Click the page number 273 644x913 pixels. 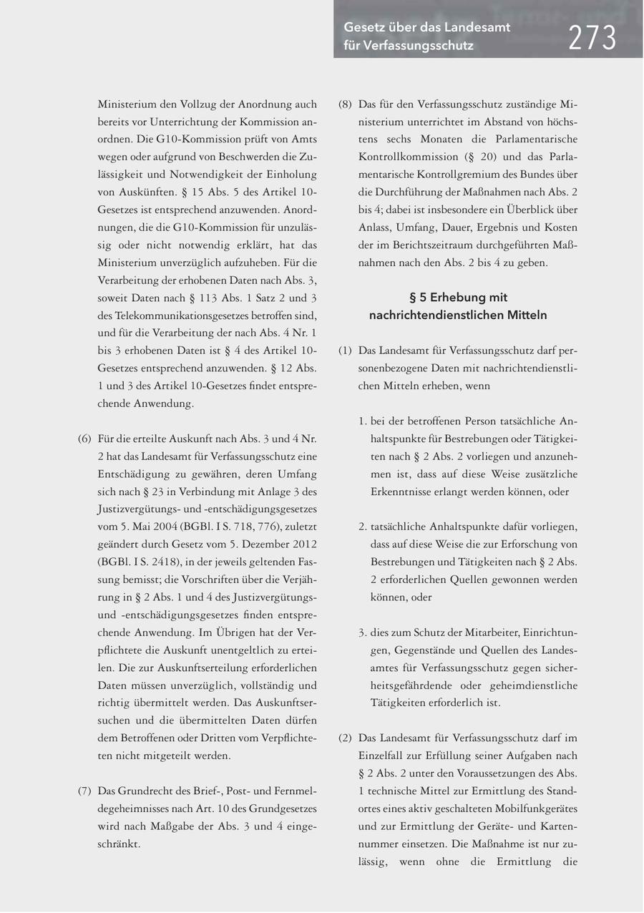[592, 37]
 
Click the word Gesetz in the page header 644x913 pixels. [362, 27]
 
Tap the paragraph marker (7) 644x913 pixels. [84, 791]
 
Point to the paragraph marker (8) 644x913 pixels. [345, 104]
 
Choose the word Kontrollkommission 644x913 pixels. [408, 157]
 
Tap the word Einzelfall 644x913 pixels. [384, 756]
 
